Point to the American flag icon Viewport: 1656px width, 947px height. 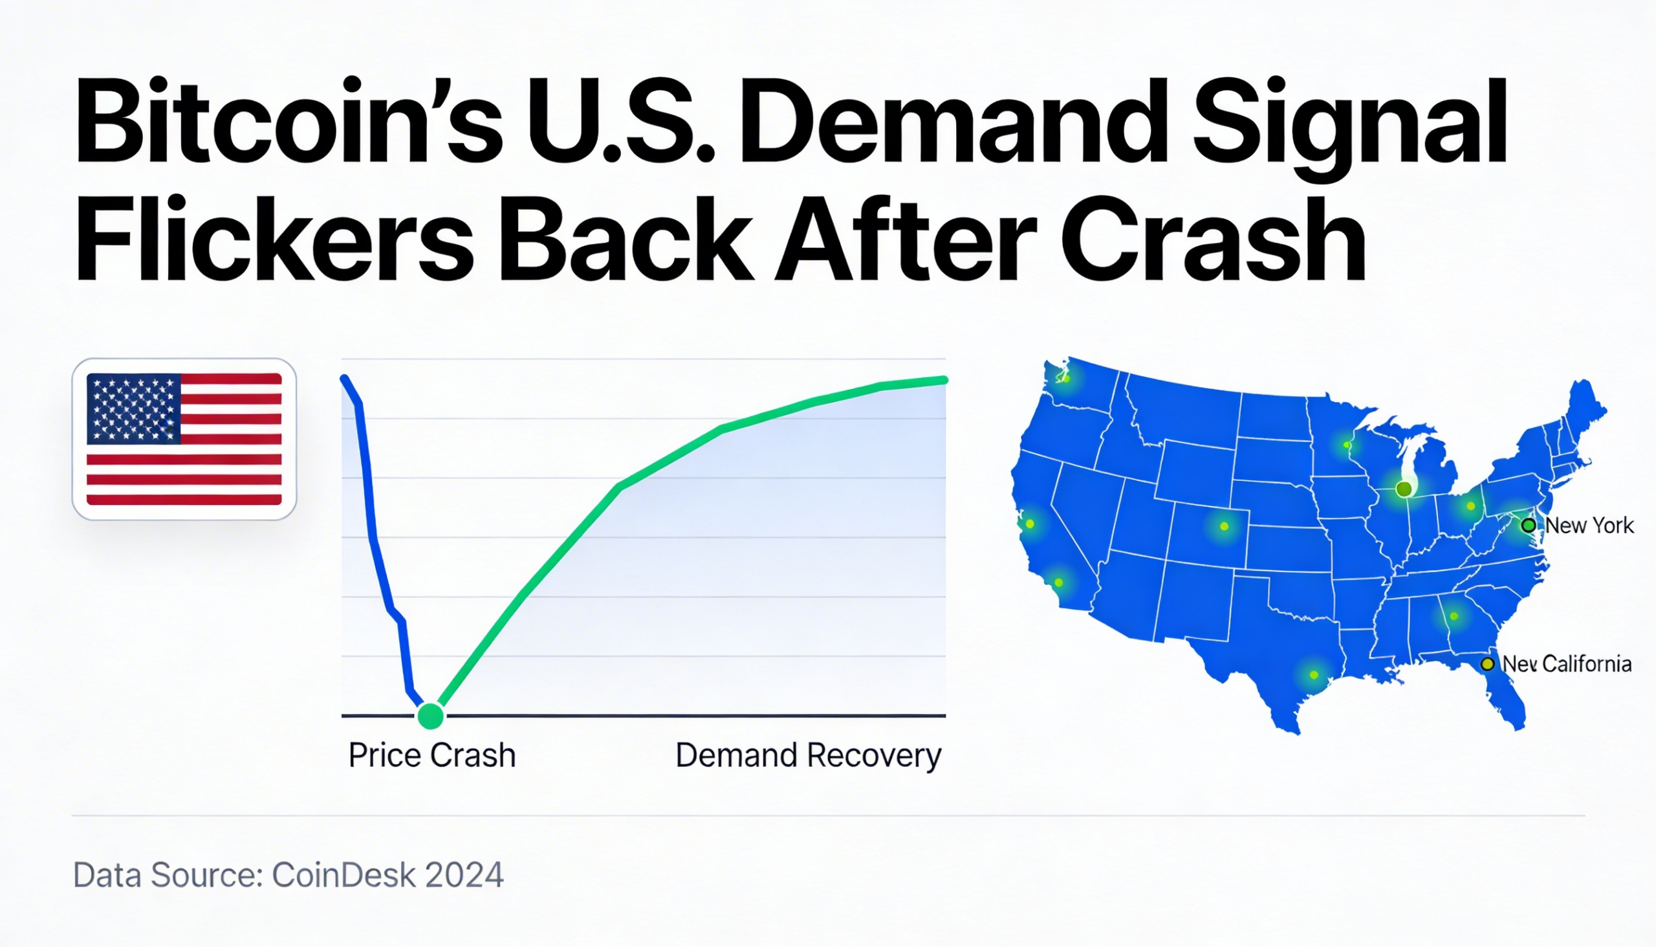[184, 439]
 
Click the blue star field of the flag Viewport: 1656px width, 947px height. [134, 408]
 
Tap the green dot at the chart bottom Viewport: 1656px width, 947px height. [430, 715]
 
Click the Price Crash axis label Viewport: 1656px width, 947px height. [431, 755]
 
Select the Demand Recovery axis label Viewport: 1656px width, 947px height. [808, 755]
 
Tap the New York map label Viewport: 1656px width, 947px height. [1589, 526]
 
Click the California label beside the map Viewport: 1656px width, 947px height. [1586, 664]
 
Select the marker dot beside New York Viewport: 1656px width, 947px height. [1529, 525]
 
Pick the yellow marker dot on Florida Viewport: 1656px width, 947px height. [1487, 664]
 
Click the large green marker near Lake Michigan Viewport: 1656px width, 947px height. [1404, 489]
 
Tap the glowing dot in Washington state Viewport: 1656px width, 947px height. [1066, 377]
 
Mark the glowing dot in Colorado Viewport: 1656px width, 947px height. [1224, 526]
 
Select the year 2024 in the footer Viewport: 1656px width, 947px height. [464, 875]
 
